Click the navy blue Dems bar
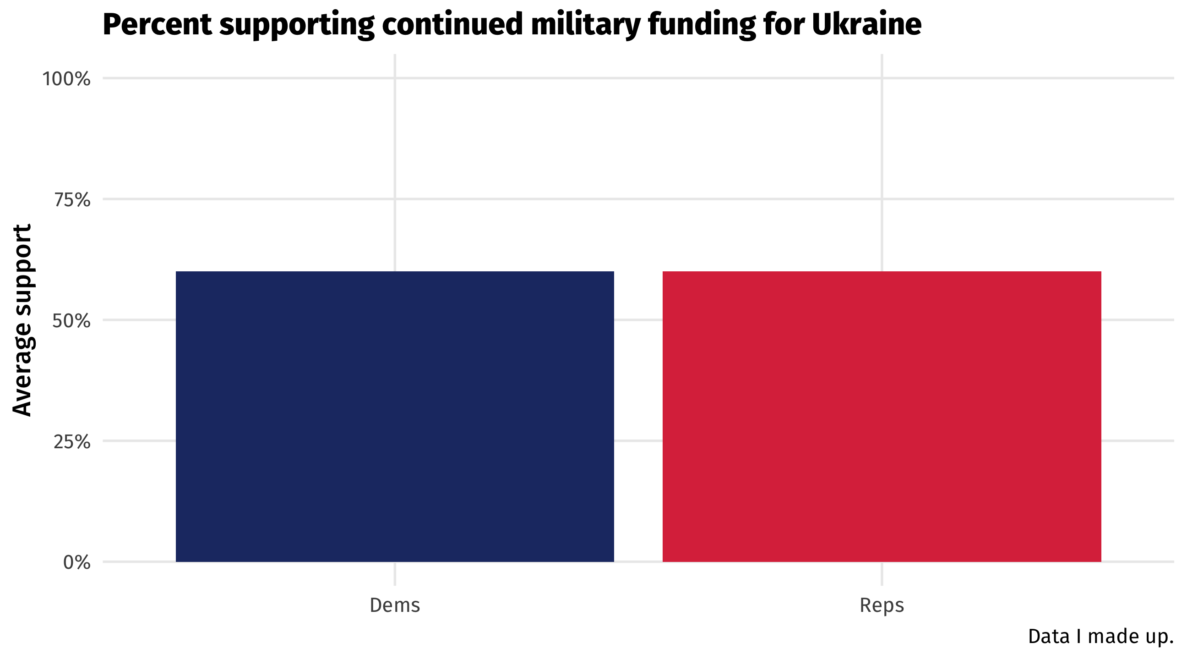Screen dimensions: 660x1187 pyautogui.click(x=394, y=417)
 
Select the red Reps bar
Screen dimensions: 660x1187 pyautogui.click(x=882, y=417)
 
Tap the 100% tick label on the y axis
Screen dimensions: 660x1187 pyautogui.click(x=66, y=79)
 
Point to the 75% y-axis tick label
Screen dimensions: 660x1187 pyautogui.click(x=72, y=200)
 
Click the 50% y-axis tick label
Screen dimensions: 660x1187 pyautogui.click(x=71, y=321)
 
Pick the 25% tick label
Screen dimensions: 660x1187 pyautogui.click(x=72, y=442)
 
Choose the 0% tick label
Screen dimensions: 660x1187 pyautogui.click(x=76, y=563)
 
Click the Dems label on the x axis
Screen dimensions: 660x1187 pyautogui.click(x=394, y=605)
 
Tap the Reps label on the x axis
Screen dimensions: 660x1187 pyautogui.click(x=882, y=605)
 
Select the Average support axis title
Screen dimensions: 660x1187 pyautogui.click(x=22, y=320)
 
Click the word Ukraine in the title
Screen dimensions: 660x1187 pyautogui.click(x=866, y=24)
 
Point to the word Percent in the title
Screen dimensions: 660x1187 pyautogui.click(x=157, y=24)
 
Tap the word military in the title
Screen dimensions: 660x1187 pyautogui.click(x=585, y=24)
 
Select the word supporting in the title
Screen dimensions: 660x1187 pyautogui.click(x=297, y=24)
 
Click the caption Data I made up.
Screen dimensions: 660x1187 pyautogui.click(x=1100, y=637)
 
